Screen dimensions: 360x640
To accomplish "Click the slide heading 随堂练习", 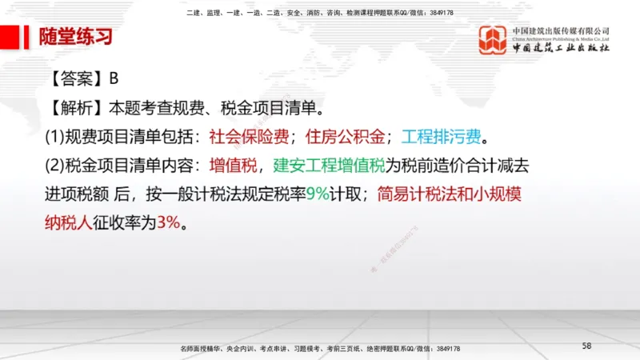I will (76, 37).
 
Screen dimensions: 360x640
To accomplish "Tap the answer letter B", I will (114, 78).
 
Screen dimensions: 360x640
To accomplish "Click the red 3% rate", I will (169, 222).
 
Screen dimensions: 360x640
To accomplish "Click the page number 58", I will (586, 345).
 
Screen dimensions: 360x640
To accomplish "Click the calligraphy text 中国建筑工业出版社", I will (561, 48).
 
